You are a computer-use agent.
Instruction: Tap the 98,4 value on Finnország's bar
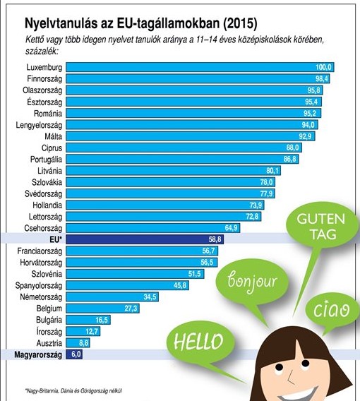pos(322,78)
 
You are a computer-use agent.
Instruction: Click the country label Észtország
pos(44,101)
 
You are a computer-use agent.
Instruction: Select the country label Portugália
pos(44,159)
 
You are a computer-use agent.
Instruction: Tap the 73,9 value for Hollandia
pos(275,205)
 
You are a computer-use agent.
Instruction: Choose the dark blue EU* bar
pos(141,239)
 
